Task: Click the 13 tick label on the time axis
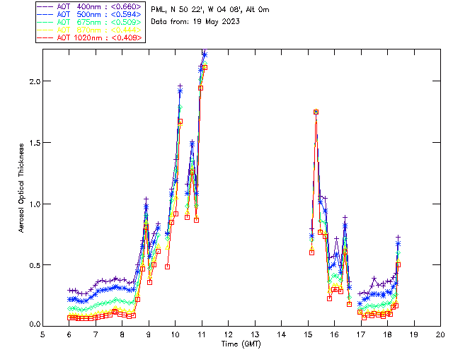255,334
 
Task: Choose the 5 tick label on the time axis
42,334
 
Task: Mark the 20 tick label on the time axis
440,334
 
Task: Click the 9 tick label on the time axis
149,334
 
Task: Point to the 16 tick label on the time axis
334,334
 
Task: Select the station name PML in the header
159,10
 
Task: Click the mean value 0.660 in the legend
128,6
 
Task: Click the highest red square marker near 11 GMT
205,67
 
